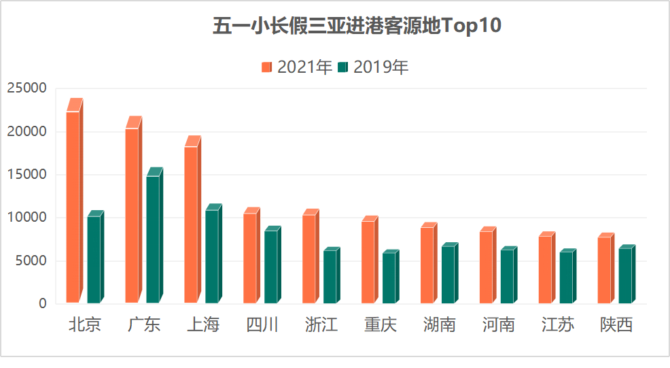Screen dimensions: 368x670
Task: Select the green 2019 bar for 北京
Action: (x=94, y=259)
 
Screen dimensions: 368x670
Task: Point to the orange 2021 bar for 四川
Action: (x=250, y=258)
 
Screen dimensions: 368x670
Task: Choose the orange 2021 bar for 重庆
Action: (x=368, y=262)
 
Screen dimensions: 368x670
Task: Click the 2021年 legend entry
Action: (x=297, y=67)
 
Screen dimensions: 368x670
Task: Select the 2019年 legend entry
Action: (x=374, y=67)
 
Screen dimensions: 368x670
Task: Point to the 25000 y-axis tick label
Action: (x=27, y=88)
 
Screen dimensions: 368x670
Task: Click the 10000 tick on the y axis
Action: (x=27, y=218)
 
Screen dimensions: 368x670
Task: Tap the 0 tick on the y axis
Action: (x=43, y=304)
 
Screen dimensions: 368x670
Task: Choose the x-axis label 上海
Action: (x=203, y=325)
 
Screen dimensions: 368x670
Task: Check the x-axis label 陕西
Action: (x=616, y=325)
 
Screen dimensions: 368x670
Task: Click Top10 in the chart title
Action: (x=472, y=26)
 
